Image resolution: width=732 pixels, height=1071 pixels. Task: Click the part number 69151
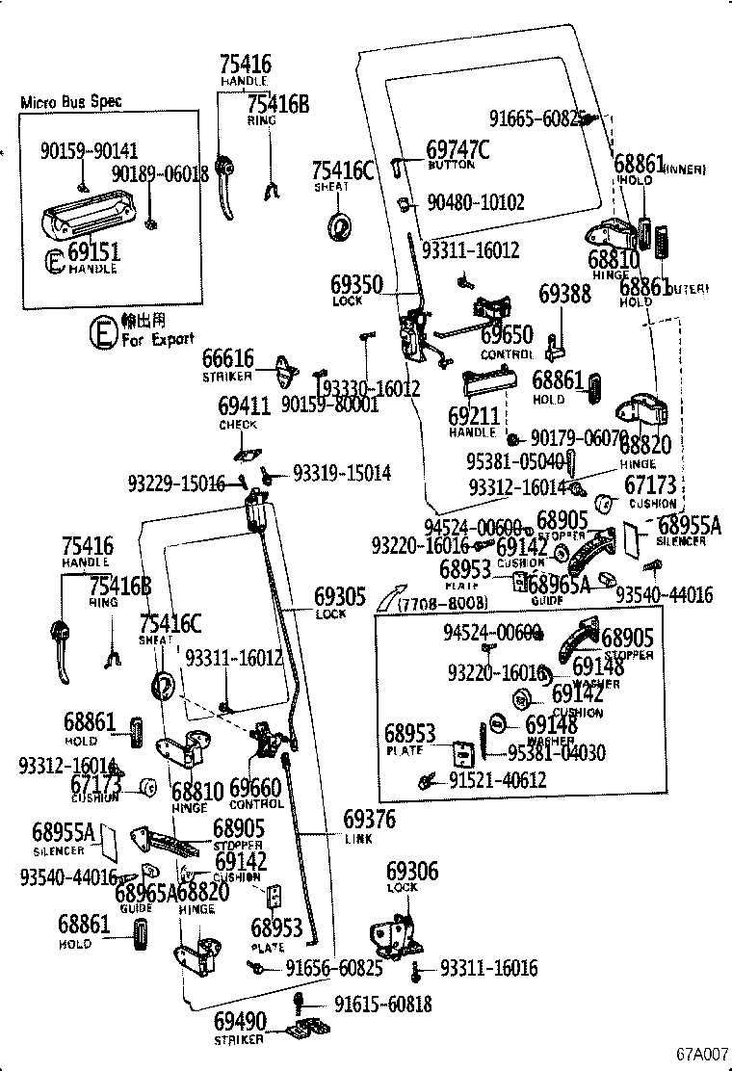[x=93, y=252]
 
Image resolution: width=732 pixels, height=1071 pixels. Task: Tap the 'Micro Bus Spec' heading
[x=71, y=102]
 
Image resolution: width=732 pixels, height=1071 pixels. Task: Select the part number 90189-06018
[x=160, y=173]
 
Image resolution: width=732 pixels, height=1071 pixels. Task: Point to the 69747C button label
[x=458, y=149]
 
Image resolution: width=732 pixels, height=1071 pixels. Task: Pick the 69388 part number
[x=564, y=294]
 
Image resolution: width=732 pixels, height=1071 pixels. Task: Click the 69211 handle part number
[x=474, y=417]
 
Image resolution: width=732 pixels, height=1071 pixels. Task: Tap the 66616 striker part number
[x=228, y=360]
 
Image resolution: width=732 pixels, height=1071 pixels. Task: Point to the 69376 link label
[x=370, y=820]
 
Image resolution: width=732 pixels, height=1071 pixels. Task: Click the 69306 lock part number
[x=412, y=871]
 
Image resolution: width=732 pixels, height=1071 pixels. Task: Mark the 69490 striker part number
[x=240, y=1021]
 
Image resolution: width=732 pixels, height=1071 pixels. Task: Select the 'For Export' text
[x=157, y=338]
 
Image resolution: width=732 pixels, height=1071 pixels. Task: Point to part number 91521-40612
[x=497, y=779]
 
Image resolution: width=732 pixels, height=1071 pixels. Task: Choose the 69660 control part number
[x=256, y=788]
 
